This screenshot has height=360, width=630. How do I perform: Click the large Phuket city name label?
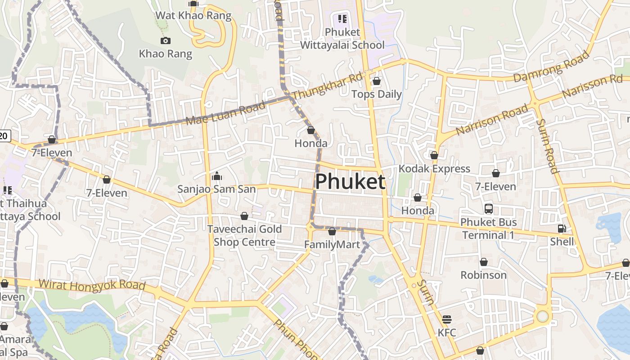coord(350,182)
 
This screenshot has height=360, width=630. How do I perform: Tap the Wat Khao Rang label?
coord(193,16)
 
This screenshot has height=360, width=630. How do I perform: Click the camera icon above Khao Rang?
coord(166,41)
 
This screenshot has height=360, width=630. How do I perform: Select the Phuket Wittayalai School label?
coord(342,39)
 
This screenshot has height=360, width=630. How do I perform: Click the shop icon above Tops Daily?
coord(377,81)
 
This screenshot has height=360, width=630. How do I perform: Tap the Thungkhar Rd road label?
coord(327,87)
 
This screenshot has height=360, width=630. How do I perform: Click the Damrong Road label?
coord(551,67)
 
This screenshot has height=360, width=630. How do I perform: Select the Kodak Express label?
coord(434,169)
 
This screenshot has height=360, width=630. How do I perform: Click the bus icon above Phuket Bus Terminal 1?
coord(489,209)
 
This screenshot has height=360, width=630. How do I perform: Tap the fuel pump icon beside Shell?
coord(562,229)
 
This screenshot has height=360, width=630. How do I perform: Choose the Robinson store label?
coord(483,275)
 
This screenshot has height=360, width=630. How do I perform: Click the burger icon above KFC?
coord(447,319)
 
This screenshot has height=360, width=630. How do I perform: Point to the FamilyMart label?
coord(332,245)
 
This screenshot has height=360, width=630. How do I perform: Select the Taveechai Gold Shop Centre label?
coord(244,235)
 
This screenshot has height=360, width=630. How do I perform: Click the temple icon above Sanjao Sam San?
coord(216,176)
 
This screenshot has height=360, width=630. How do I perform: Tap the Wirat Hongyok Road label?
coord(92,285)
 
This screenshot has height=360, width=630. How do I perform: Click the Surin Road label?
coord(547,146)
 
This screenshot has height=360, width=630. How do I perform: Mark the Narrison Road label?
coord(492,120)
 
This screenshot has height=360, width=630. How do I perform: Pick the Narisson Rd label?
coord(592,86)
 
